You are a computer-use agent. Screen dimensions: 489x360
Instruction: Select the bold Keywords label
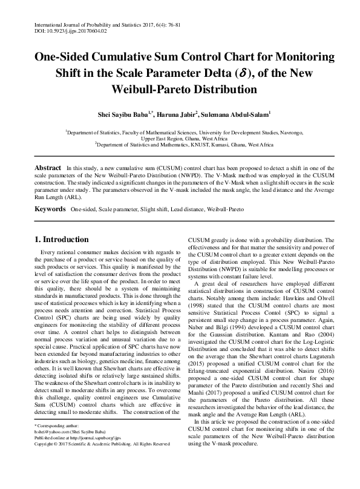click(x=50, y=209)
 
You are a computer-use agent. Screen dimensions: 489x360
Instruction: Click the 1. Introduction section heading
click(x=62, y=240)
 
